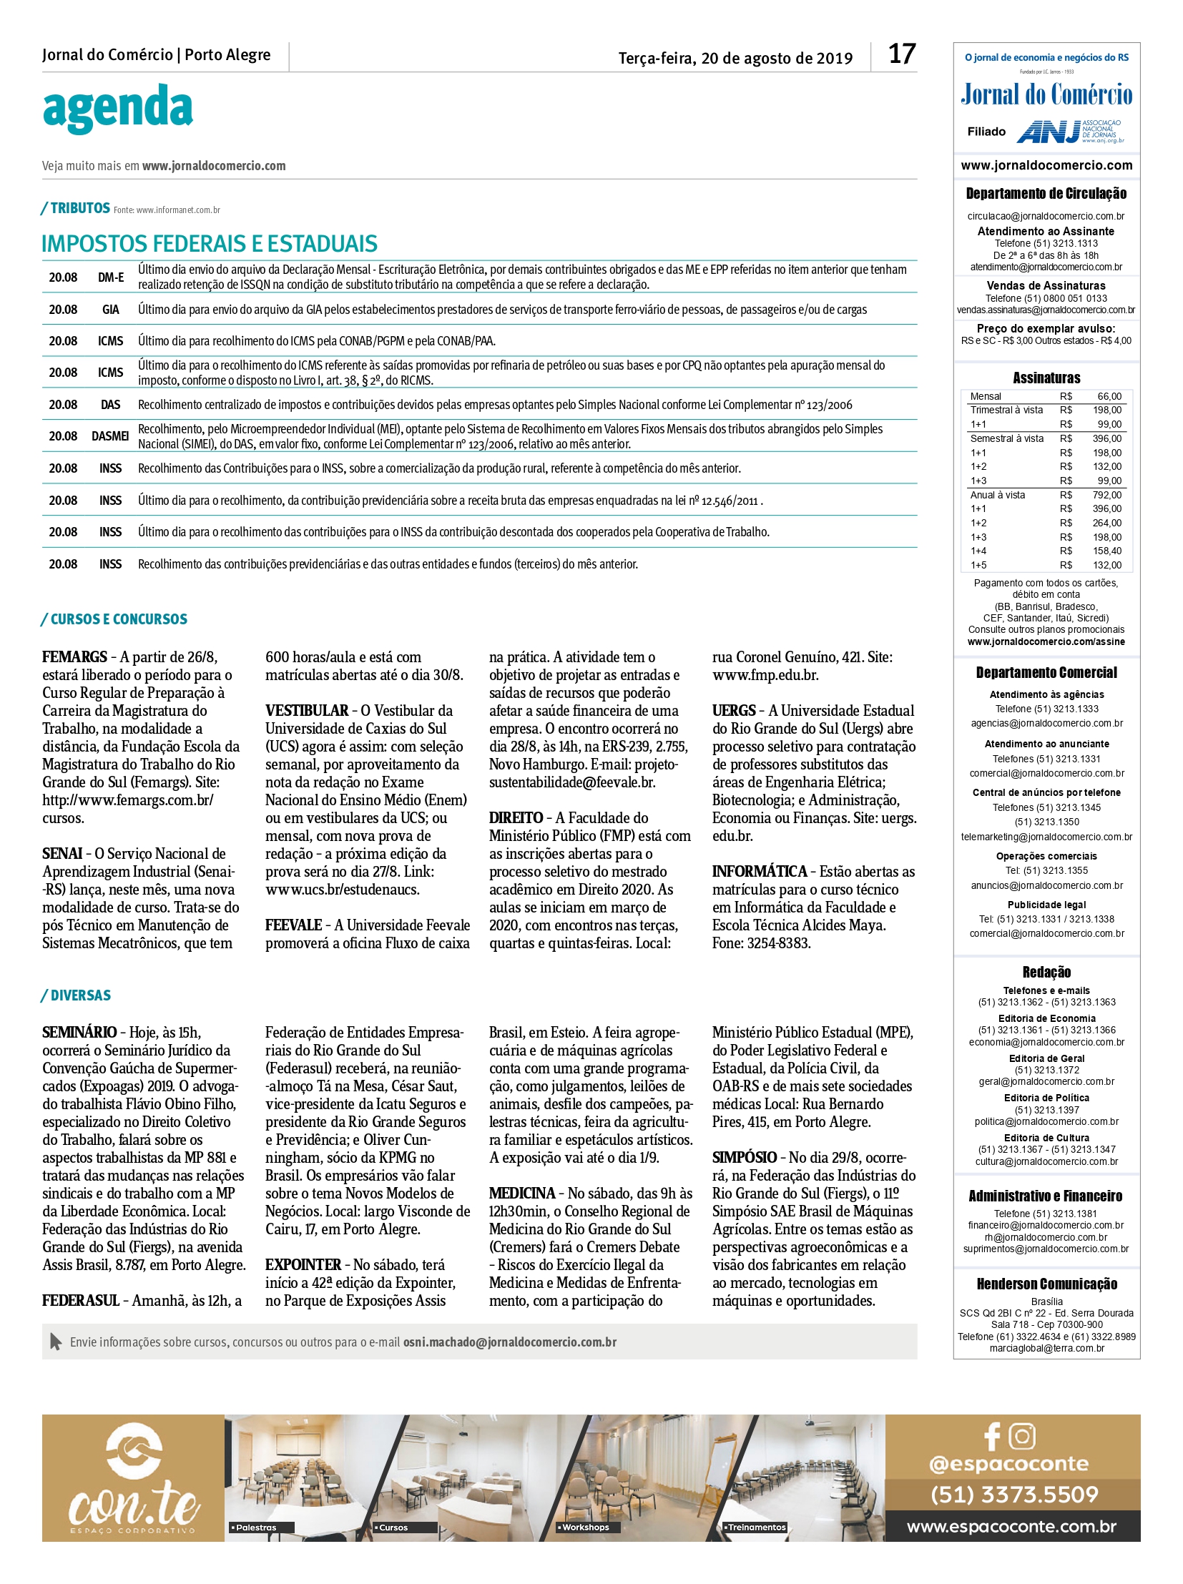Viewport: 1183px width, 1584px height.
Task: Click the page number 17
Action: point(902,54)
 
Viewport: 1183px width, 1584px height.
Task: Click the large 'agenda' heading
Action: point(117,108)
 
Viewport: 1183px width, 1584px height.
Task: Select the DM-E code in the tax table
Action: point(110,277)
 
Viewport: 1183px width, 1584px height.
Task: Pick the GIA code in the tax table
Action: point(110,310)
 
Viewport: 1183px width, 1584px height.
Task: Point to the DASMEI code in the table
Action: point(110,436)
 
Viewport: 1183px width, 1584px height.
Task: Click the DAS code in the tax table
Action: point(110,405)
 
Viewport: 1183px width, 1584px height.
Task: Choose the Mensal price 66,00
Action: point(1109,396)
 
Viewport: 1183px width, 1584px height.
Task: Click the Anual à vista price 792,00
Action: point(1107,495)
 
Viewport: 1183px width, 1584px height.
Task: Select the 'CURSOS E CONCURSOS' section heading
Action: point(119,619)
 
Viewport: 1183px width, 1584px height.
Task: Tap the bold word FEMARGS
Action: point(74,656)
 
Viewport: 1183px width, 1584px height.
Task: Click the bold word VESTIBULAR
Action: point(307,710)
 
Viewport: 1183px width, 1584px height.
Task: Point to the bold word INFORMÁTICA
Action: point(759,872)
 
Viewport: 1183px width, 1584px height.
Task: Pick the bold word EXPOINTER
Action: point(303,1264)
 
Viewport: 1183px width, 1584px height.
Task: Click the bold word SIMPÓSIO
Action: point(744,1157)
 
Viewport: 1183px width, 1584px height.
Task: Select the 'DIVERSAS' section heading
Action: point(80,995)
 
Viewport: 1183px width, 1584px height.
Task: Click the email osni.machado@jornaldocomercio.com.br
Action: point(509,1342)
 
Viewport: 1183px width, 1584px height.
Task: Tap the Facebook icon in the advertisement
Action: point(992,1436)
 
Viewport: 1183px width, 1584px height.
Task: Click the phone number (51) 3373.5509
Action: point(1014,1493)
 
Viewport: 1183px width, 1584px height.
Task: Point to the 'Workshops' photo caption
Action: point(585,1528)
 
